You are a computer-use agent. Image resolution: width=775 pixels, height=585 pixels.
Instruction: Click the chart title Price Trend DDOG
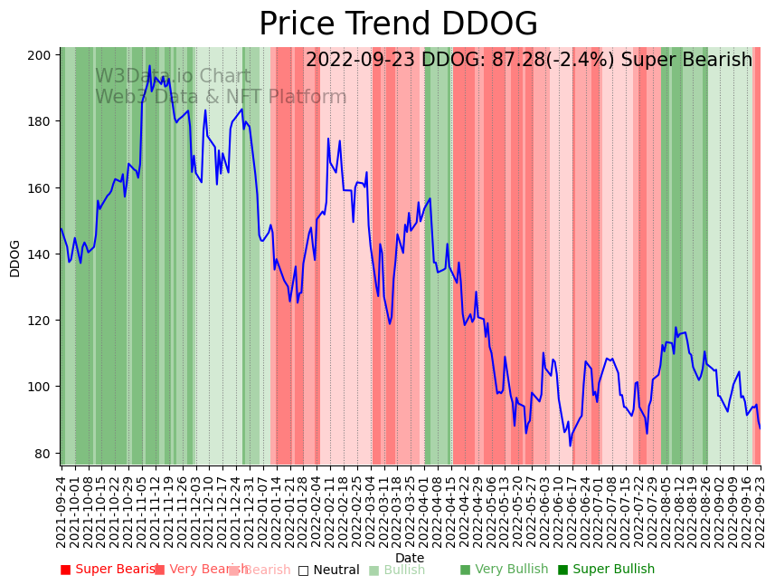[398, 24]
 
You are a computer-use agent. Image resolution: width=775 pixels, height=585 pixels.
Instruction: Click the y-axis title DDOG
[14, 258]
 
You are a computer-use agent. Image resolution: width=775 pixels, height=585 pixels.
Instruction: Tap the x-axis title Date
[410, 558]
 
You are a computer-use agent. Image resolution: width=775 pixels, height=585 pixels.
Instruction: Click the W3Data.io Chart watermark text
[173, 77]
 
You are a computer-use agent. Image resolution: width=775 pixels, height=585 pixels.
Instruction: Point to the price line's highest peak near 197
[150, 66]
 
